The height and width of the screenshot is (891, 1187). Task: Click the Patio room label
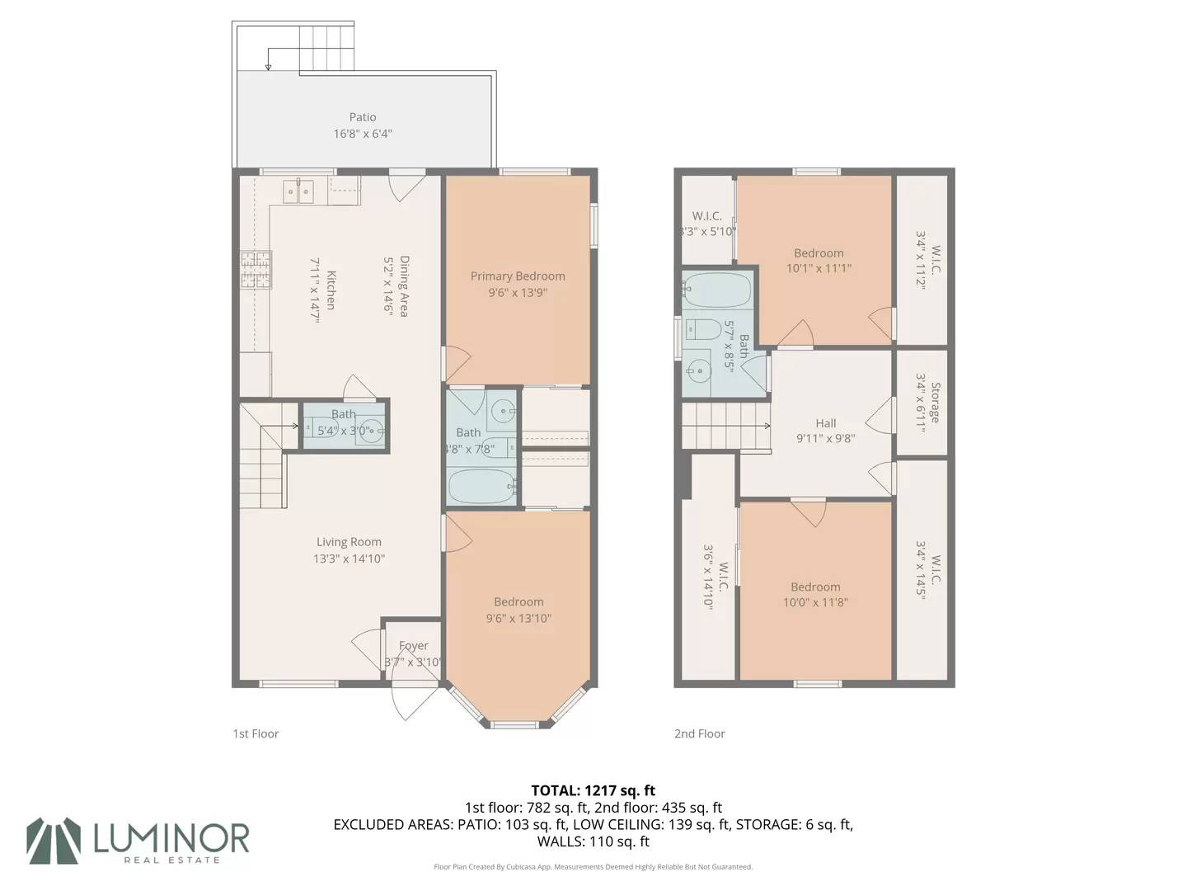tap(363, 117)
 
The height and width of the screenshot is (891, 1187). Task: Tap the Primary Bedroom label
tap(518, 276)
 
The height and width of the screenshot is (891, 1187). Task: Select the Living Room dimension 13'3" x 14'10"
tap(349, 559)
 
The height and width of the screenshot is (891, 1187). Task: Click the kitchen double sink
tap(298, 191)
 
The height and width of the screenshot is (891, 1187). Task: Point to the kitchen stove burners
tap(256, 270)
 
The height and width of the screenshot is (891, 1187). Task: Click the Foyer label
tap(414, 645)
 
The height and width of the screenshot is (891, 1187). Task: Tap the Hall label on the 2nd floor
tap(826, 423)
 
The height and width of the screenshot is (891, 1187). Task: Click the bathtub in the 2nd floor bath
tap(717, 290)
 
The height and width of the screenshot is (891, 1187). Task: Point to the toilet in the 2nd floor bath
tap(702, 329)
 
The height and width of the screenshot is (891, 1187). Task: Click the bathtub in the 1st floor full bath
tap(482, 487)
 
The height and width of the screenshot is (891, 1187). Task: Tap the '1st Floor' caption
tap(256, 733)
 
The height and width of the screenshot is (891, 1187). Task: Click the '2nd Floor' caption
tap(699, 733)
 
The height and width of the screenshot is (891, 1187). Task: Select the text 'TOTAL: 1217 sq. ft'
tap(593, 790)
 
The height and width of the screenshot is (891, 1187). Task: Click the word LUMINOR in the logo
tap(171, 838)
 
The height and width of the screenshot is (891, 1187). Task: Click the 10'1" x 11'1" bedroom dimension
tap(819, 268)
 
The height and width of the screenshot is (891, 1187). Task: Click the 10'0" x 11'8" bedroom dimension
tap(815, 602)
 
